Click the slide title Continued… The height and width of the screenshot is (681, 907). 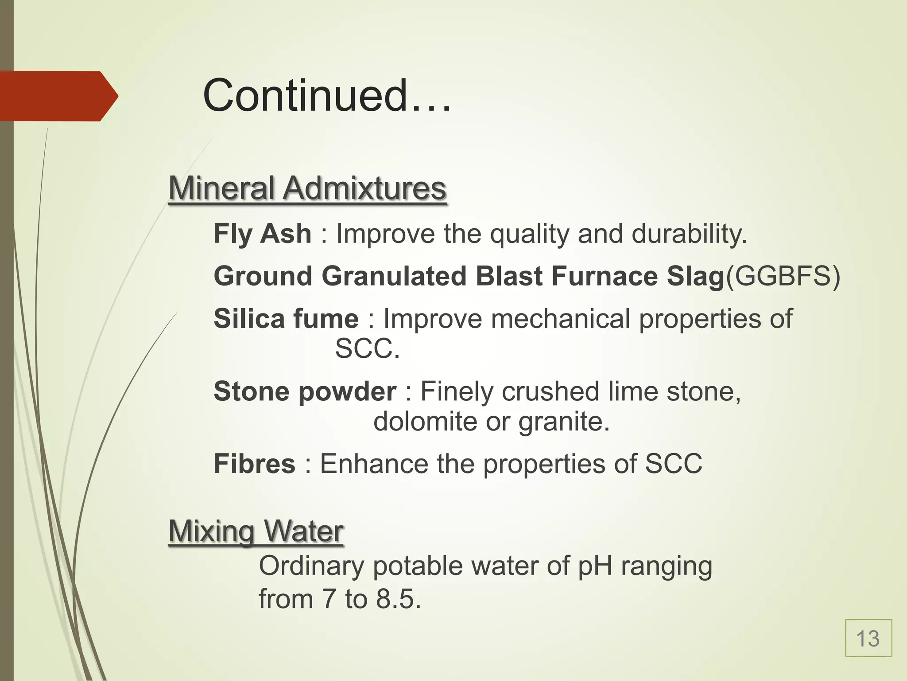[x=327, y=96]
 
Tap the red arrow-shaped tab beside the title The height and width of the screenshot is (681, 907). [x=58, y=96]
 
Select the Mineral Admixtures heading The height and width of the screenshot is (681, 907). [x=307, y=188]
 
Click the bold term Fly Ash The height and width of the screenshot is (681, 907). [x=262, y=234]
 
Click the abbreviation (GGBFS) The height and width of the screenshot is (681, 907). [x=783, y=276]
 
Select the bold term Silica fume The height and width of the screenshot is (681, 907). [x=286, y=319]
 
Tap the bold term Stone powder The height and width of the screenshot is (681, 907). [x=305, y=391]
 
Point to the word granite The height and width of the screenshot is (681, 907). [x=564, y=421]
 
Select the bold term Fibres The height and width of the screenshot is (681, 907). [x=254, y=464]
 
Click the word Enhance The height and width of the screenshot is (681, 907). [x=374, y=464]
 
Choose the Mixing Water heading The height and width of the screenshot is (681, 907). [x=256, y=531]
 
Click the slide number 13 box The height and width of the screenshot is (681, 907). [x=868, y=638]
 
